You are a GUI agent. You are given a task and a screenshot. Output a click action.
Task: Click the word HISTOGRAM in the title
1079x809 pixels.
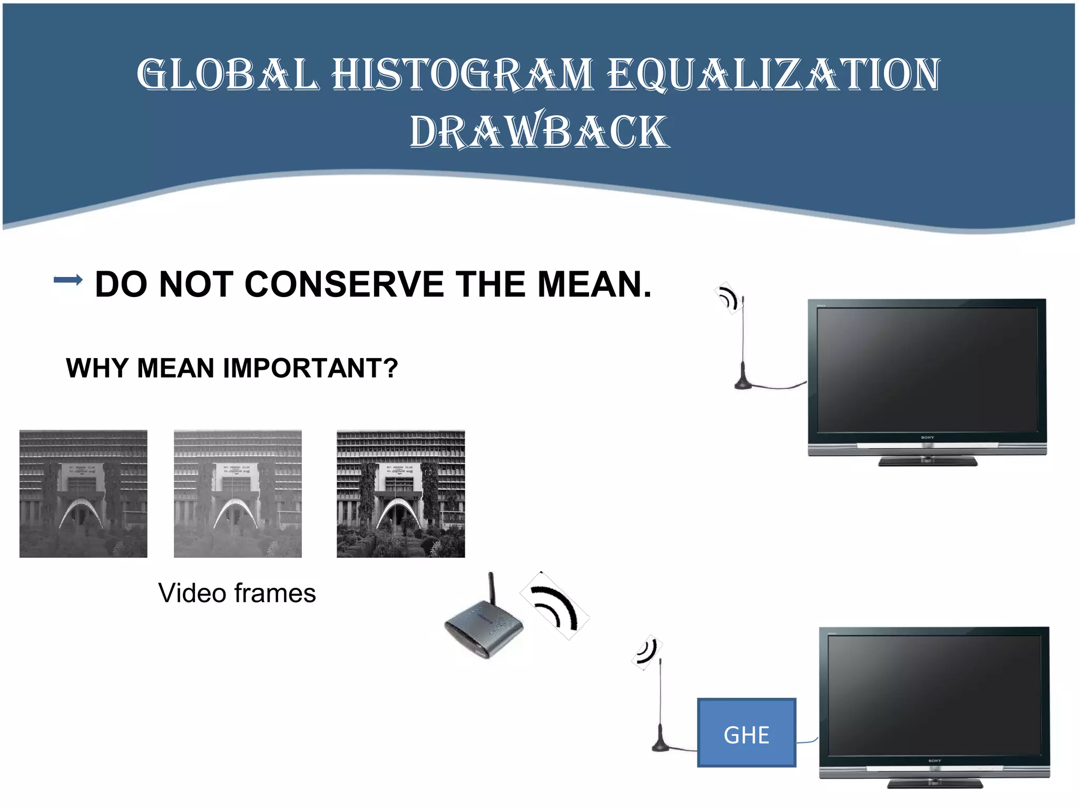click(x=462, y=74)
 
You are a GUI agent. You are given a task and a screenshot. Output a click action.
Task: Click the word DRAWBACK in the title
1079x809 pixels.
click(x=539, y=132)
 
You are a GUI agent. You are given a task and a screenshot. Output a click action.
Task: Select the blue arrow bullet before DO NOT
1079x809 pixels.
click(x=68, y=280)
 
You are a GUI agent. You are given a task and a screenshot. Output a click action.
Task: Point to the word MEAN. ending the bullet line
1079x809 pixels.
click(x=594, y=284)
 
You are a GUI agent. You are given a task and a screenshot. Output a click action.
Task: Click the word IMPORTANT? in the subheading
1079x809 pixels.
click(x=310, y=368)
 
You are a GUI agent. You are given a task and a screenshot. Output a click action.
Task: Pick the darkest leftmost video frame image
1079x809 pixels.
click(x=83, y=494)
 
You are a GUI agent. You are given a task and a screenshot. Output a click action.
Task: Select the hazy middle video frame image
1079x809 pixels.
click(x=238, y=494)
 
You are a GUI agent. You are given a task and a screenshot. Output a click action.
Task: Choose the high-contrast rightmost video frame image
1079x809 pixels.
click(x=400, y=494)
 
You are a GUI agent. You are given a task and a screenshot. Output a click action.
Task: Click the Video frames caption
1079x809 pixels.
click(x=237, y=593)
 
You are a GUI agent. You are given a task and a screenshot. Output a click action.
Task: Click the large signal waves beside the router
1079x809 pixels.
click(x=555, y=606)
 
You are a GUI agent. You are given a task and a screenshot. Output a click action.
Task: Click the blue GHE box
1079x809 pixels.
click(x=746, y=733)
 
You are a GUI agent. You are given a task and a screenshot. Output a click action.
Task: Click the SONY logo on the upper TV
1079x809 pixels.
click(x=927, y=438)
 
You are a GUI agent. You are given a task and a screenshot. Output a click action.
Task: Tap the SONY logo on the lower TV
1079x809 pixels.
click(x=935, y=761)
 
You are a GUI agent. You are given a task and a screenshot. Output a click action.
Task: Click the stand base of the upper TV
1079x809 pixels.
click(x=927, y=462)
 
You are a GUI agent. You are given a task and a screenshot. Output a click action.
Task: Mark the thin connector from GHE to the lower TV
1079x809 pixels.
click(x=807, y=741)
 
